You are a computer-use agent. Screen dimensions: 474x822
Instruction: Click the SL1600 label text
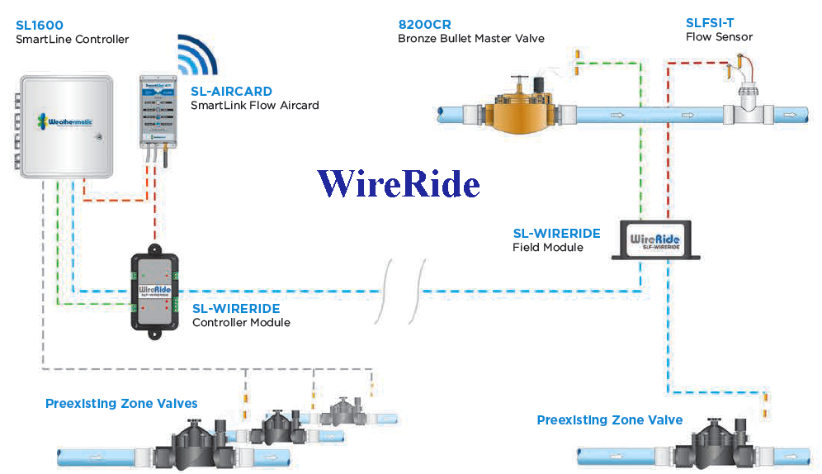click(39, 26)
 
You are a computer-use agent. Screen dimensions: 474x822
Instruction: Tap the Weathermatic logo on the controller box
click(64, 121)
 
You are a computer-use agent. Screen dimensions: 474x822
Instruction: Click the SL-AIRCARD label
click(231, 92)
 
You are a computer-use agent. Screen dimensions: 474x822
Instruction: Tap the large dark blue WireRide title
click(398, 183)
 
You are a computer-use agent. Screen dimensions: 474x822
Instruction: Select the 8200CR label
click(426, 24)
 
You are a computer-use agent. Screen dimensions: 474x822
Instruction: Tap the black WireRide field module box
click(655, 242)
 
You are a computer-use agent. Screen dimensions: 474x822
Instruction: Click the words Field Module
click(548, 247)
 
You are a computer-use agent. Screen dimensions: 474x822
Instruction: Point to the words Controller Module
click(241, 322)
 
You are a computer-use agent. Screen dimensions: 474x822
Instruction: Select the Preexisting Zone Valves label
click(121, 404)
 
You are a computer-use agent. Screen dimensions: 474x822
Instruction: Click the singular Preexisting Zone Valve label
click(609, 420)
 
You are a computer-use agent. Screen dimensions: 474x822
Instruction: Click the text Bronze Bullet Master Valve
click(471, 38)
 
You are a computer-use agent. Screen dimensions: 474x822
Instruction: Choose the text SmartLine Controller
click(73, 39)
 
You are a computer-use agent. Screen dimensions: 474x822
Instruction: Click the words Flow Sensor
click(719, 37)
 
